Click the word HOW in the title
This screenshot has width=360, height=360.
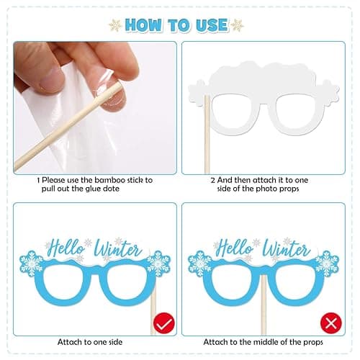click(x=143, y=25)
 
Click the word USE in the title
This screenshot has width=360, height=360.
click(x=212, y=25)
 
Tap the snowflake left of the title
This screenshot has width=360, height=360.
click(x=115, y=25)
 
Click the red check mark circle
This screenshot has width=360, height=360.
click(x=164, y=323)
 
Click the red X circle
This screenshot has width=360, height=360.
click(x=331, y=323)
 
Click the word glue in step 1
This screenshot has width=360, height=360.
click(x=92, y=189)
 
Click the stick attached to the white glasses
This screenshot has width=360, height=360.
click(x=207, y=135)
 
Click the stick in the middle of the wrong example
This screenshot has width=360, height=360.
click(x=264, y=305)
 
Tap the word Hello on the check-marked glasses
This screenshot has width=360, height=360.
click(x=66, y=248)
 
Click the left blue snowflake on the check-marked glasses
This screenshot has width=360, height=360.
click(x=32, y=264)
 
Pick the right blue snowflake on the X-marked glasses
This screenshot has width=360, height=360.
click(x=327, y=264)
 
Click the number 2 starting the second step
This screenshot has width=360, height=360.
click(x=213, y=180)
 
